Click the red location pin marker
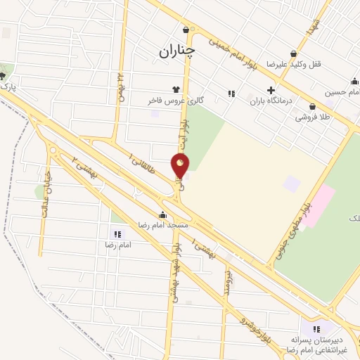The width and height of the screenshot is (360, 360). click(181, 166)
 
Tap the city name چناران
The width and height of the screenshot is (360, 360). click(176, 51)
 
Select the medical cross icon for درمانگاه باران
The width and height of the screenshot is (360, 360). click(271, 91)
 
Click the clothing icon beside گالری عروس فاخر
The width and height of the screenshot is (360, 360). click(175, 89)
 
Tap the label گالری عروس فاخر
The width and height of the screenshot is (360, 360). click(176, 101)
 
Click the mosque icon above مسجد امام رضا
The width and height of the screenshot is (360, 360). click(163, 215)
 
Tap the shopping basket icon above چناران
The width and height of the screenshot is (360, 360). click(186, 30)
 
